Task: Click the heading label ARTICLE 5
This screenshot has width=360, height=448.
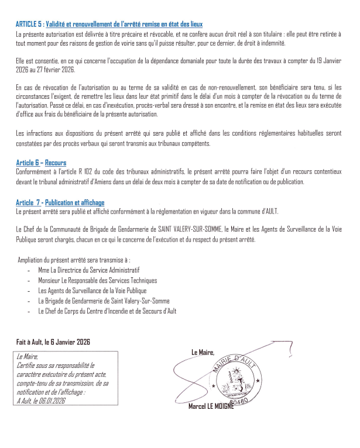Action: click(29, 24)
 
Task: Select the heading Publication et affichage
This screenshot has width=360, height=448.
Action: click(76, 202)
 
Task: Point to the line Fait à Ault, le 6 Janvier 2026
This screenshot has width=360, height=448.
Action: click(53, 342)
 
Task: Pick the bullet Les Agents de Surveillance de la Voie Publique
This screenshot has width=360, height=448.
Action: click(92, 291)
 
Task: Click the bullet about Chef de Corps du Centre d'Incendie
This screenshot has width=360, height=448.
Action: click(107, 311)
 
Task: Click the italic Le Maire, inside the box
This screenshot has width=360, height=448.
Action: click(28, 355)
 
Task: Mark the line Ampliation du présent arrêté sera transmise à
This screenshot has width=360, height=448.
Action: click(75, 259)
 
